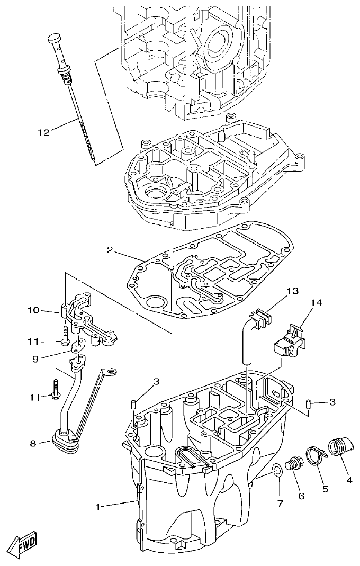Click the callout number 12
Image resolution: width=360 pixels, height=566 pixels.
(x=44, y=132)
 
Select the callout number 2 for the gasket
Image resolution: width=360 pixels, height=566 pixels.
(x=110, y=250)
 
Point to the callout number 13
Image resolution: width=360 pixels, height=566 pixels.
(x=293, y=291)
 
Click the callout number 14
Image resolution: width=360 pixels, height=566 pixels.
(x=316, y=303)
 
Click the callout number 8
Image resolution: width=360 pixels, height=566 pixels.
(x=34, y=444)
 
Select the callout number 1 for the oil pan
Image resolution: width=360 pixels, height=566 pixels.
(x=97, y=507)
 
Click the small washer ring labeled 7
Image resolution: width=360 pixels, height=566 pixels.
(x=277, y=470)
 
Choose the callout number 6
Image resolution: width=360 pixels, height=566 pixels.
(x=300, y=496)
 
